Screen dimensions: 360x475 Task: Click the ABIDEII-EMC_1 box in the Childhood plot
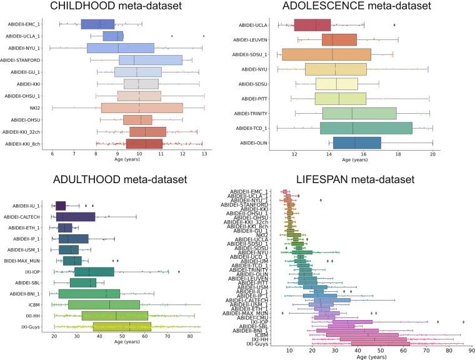coord(97,24)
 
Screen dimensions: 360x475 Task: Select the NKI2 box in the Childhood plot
coord(142,108)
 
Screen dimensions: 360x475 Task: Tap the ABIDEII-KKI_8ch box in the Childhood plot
coord(144,144)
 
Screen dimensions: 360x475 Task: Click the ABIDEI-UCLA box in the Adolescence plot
coord(312,25)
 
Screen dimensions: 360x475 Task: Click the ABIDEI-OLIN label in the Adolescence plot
coord(257,142)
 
